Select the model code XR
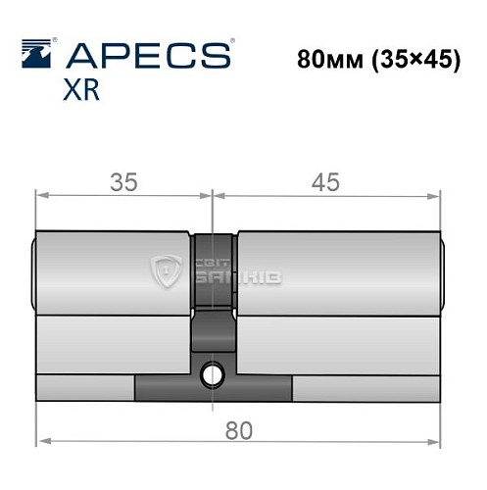click(x=84, y=92)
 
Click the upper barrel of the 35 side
click(x=113, y=272)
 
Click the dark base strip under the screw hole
click(x=213, y=389)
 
